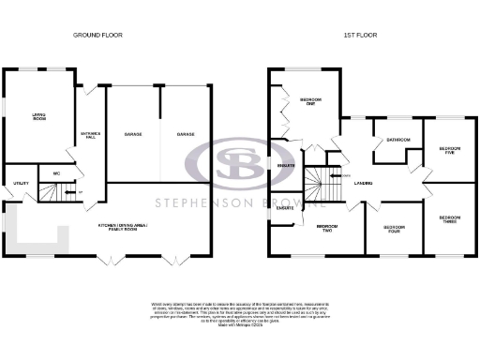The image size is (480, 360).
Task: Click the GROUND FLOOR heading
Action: [x=98, y=35]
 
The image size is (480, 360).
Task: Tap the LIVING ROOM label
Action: [x=39, y=116]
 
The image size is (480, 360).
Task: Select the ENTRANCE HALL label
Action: [x=90, y=135]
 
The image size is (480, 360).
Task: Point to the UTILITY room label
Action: [x=20, y=183]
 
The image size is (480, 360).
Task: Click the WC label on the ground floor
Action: [x=57, y=173]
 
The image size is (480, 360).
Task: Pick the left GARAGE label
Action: [x=132, y=135]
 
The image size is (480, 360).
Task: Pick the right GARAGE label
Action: [x=186, y=135]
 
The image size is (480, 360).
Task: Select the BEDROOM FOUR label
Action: [x=394, y=229]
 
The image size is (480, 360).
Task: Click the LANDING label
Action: [x=365, y=181]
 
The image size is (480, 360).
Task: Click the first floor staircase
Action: [x=323, y=178]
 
